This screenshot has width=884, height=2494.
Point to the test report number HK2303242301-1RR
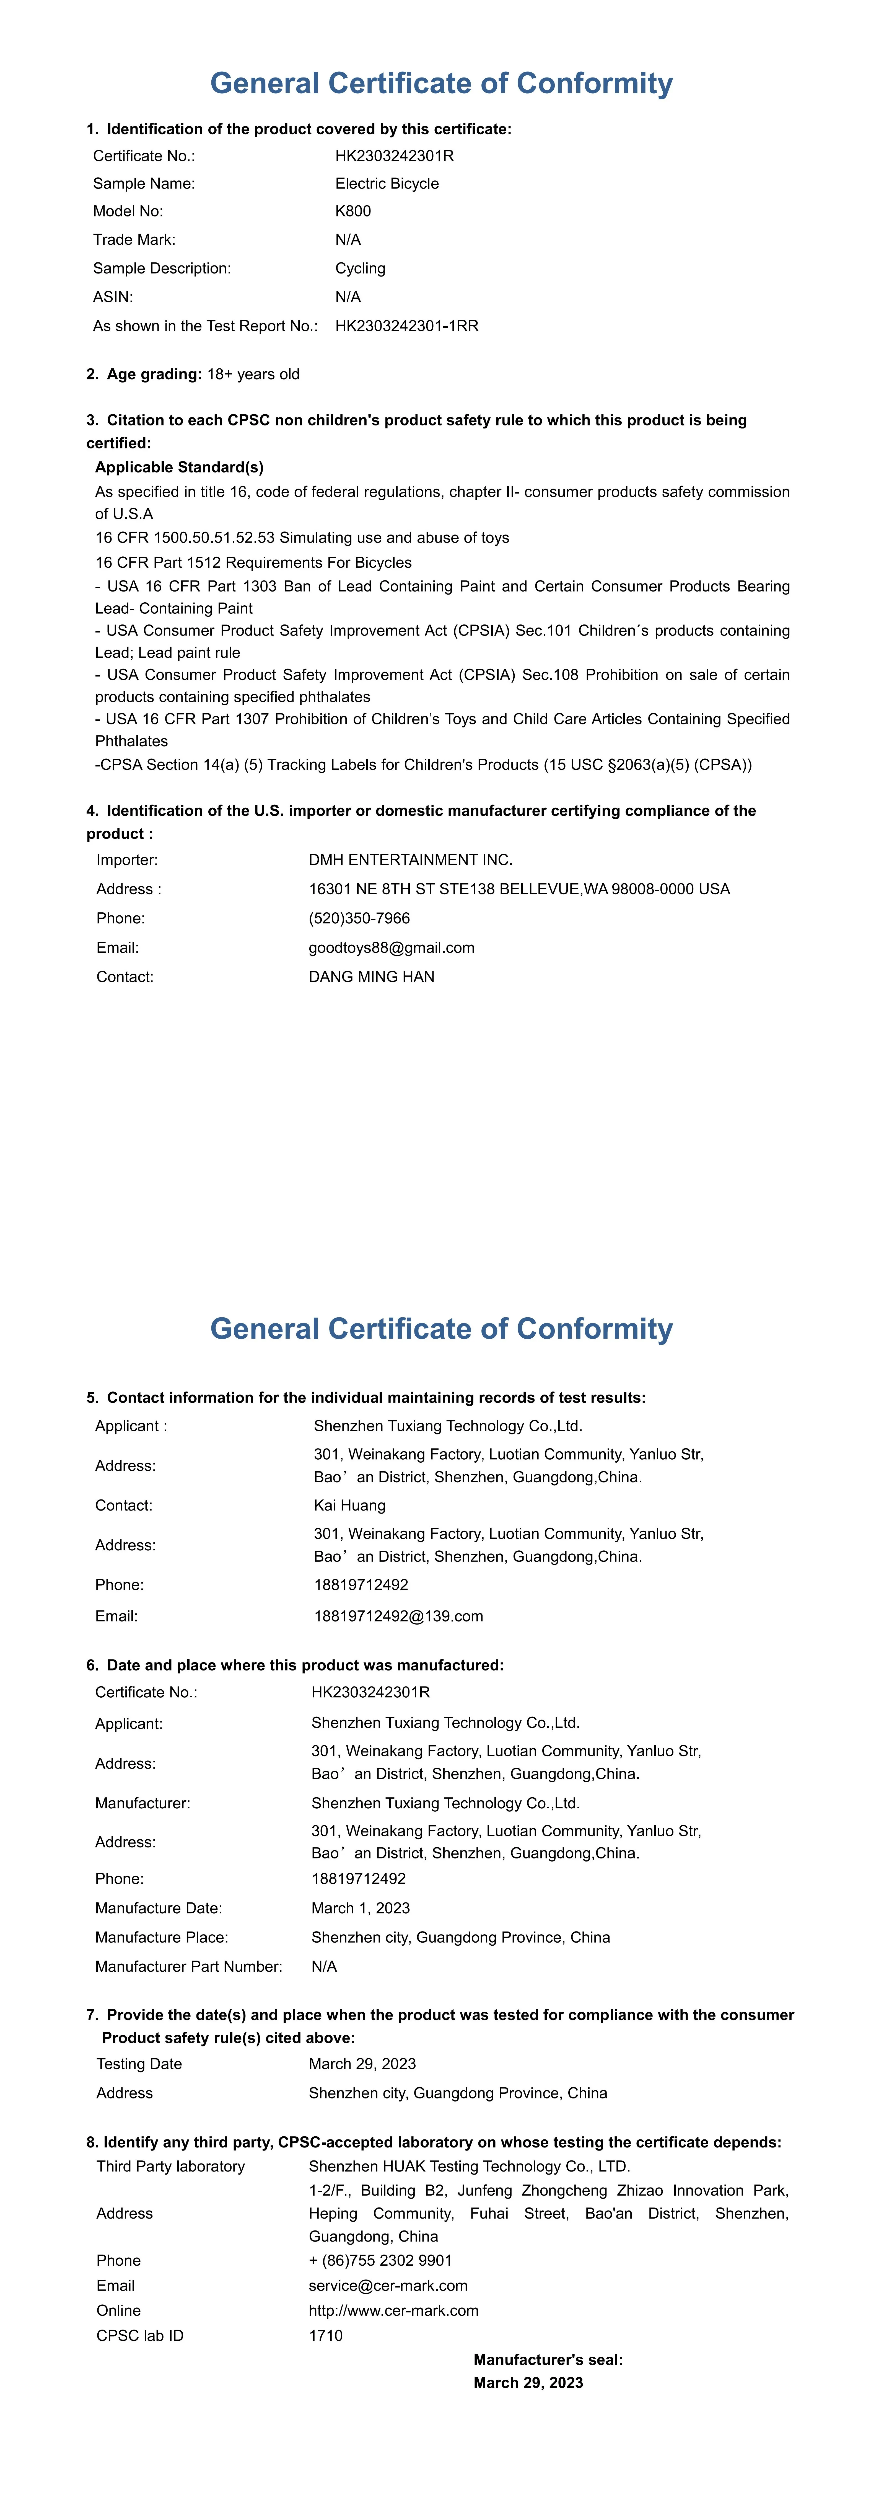coord(407,326)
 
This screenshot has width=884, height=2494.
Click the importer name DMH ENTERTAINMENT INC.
coord(411,860)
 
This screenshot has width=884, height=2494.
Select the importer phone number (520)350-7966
coord(359,918)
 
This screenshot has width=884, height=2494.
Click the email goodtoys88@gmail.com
coord(391,948)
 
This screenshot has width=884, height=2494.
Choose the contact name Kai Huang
coord(349,1506)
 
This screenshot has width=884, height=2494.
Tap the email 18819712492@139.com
coord(398,1616)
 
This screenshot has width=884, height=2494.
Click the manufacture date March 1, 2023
coord(360,1908)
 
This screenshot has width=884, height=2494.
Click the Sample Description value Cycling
coord(360,268)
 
